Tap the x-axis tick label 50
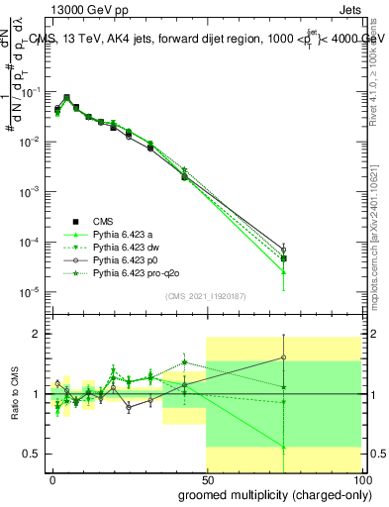click(x=206, y=478)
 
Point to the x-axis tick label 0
click(x=52, y=478)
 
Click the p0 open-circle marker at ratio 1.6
click(x=284, y=357)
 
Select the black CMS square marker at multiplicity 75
click(x=284, y=258)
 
